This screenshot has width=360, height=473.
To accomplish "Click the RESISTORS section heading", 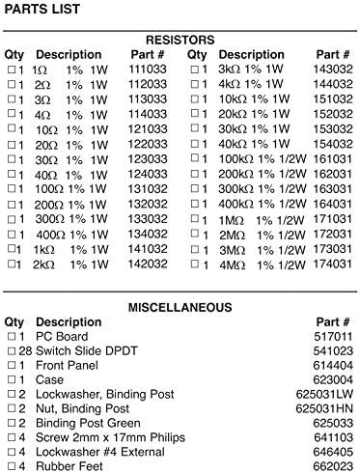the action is click(x=179, y=40).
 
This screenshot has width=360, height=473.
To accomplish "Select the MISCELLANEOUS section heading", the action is click(x=180, y=307).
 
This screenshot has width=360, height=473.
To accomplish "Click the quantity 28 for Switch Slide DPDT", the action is click(x=26, y=352).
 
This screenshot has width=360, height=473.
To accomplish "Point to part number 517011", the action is click(x=333, y=338).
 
